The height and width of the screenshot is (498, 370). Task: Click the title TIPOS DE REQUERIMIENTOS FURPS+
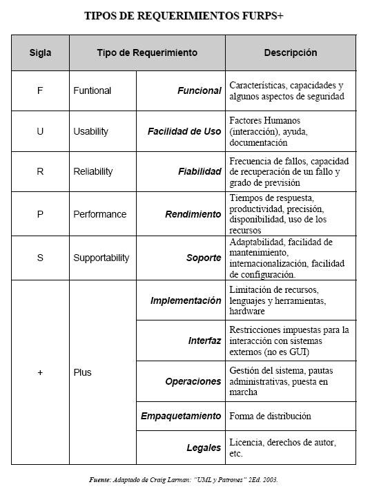184,16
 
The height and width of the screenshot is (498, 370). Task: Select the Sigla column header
40,52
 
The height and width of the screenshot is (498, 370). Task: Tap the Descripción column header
291,52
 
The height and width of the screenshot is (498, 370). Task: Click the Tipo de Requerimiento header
147,52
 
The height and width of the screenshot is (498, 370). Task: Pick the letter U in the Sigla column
40,131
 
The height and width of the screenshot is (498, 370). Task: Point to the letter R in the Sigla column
40,172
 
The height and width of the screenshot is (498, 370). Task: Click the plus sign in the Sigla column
40,372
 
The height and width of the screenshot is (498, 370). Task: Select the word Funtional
92,90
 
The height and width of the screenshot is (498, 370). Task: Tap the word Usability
90,131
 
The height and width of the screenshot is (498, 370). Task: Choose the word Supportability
101,258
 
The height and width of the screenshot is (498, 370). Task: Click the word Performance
99,214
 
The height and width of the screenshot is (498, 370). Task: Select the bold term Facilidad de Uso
184,131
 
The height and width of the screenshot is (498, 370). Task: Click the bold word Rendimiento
193,214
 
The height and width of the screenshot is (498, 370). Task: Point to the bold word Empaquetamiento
181,416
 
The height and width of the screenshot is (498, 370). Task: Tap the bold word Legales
204,448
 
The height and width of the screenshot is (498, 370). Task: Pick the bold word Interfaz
204,341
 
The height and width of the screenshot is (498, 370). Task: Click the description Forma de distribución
270,416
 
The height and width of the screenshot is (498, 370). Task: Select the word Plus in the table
82,372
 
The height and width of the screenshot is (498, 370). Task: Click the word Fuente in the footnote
101,479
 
